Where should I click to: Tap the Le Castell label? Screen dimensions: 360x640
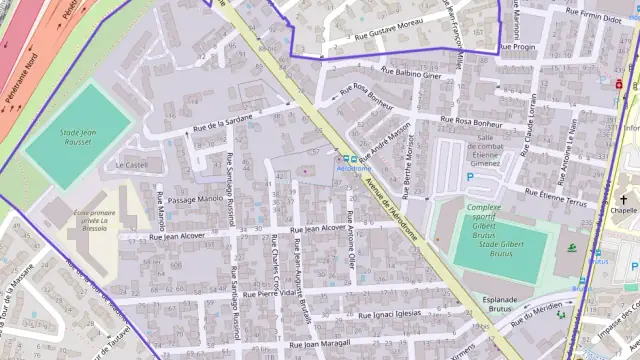coord(132,165)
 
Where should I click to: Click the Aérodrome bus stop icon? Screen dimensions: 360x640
coord(343,157)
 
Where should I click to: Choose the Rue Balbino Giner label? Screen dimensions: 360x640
coord(411,73)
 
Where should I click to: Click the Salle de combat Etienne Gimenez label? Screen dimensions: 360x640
coord(486,152)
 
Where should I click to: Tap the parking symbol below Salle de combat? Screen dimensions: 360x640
coord(470,177)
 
